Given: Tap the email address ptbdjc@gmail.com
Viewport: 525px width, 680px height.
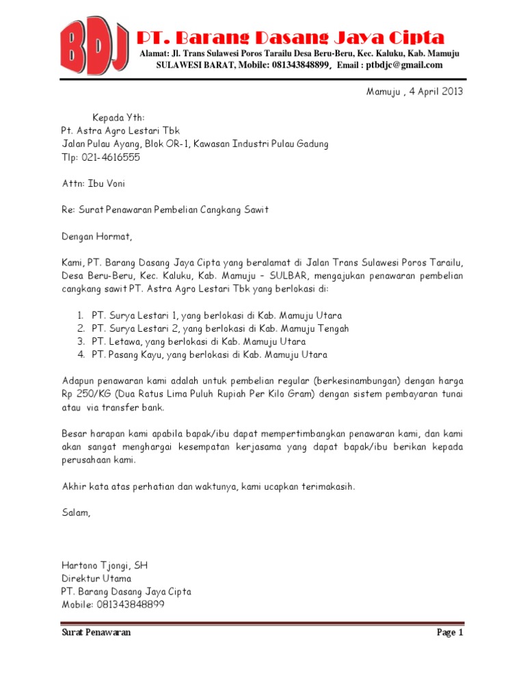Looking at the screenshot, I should [x=404, y=66].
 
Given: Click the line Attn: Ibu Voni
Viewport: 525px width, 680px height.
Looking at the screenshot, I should [x=93, y=183].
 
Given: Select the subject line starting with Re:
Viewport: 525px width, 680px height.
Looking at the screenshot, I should [x=165, y=210].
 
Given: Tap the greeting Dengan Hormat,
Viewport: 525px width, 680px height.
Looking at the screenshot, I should [x=95, y=237].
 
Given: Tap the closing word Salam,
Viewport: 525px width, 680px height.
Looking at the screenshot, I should [x=76, y=512].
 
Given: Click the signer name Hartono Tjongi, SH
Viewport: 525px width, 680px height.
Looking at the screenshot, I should [x=105, y=565].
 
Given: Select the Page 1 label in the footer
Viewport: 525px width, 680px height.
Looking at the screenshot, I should [x=450, y=633].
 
